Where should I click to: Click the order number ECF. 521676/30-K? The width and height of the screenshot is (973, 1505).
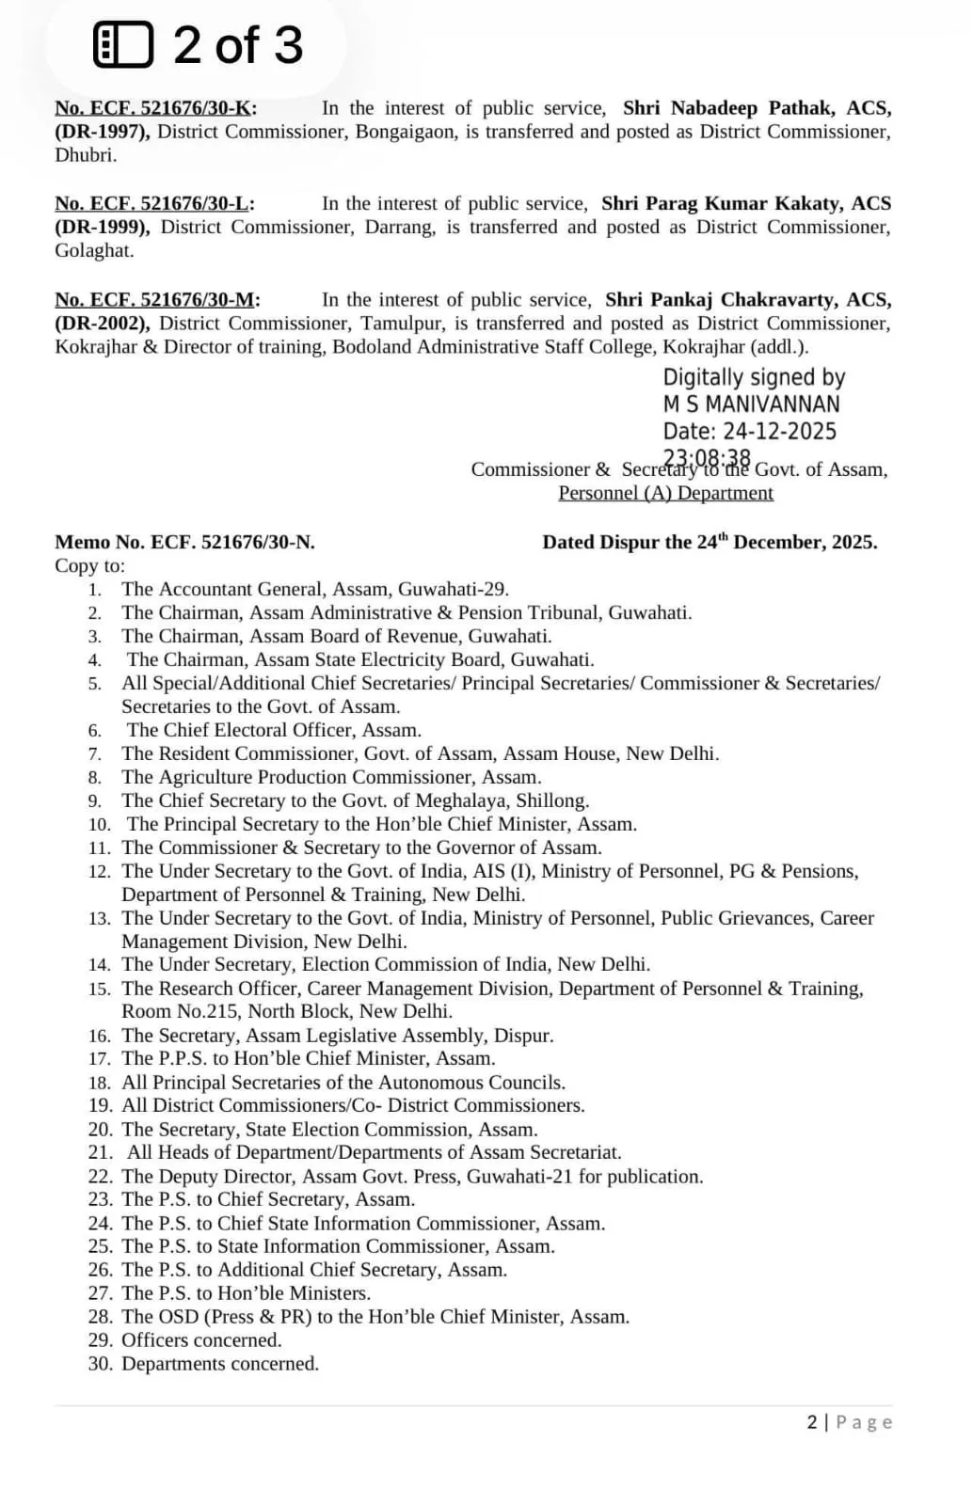tap(155, 108)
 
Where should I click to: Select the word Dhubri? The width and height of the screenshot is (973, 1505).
tap(86, 155)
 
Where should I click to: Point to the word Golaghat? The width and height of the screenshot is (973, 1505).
tap(94, 251)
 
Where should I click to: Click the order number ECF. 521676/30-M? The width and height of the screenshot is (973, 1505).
tap(157, 300)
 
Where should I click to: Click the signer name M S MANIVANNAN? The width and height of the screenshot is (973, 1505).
tap(751, 404)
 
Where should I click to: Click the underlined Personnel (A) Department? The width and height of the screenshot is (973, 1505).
tap(665, 493)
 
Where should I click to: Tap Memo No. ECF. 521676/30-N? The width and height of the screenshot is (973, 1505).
tap(184, 543)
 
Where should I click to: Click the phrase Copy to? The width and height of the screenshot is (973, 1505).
tap(89, 566)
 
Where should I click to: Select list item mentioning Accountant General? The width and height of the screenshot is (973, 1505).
tap(314, 590)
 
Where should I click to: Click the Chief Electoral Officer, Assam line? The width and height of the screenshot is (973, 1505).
tap(274, 730)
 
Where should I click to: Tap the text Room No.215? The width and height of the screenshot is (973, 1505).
tap(179, 1012)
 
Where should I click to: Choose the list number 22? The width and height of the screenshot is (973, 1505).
tap(100, 1177)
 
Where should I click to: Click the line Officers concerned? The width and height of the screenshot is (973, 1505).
tap(201, 1340)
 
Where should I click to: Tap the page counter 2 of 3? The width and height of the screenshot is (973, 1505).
tap(237, 45)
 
